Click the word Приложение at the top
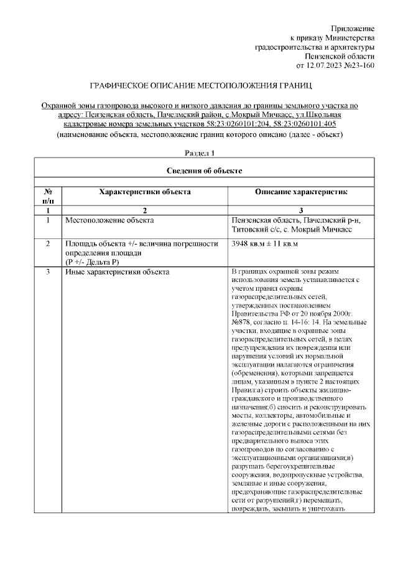pyautogui.click(x=353, y=29)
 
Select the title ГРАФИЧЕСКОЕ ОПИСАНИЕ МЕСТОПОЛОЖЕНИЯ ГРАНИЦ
pyautogui.click(x=198, y=85)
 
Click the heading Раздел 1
pyautogui.click(x=200, y=153)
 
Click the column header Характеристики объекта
pyautogui.click(x=145, y=193)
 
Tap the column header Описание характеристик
pyautogui.click(x=301, y=193)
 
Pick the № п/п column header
pyautogui.click(x=48, y=197)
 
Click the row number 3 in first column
pyautogui.click(x=48, y=272)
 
